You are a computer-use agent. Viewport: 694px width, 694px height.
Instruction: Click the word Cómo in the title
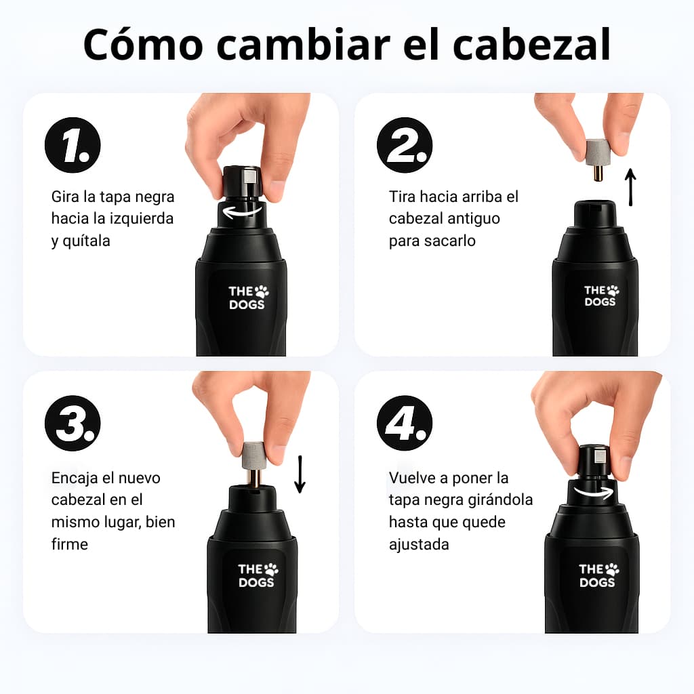[142, 44]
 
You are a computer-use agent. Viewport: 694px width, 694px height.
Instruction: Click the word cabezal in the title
[531, 44]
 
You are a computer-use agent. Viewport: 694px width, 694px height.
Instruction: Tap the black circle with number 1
[73, 146]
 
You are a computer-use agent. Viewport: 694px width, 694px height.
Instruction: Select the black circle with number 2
[405, 146]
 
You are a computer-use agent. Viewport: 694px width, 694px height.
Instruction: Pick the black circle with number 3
[73, 423]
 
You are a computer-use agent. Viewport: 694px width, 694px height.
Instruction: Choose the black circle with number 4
[405, 423]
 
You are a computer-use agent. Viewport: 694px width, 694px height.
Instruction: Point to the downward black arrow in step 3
[300, 474]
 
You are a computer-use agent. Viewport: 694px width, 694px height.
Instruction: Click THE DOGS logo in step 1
[248, 298]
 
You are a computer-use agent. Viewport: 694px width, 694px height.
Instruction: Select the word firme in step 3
[70, 544]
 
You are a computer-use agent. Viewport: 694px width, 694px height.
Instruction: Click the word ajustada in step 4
[419, 544]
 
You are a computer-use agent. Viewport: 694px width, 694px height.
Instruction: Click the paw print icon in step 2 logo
[613, 290]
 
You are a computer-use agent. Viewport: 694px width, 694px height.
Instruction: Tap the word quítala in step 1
[86, 241]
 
